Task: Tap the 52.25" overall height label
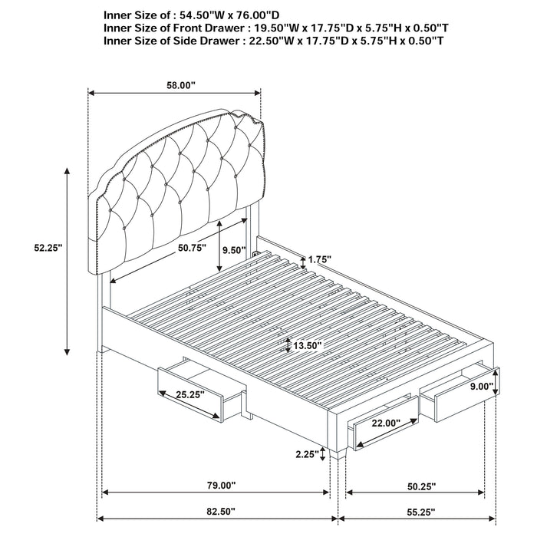tap(48, 248)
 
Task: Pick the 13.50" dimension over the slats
tap(307, 346)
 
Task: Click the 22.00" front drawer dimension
tap(386, 423)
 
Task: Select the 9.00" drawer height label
tap(481, 387)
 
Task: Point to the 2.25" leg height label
tap(306, 454)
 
